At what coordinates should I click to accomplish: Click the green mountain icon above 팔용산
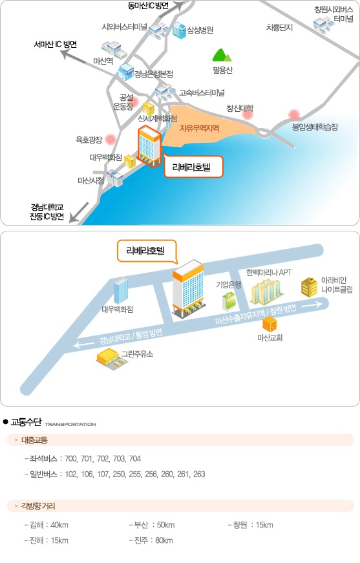(x=222, y=56)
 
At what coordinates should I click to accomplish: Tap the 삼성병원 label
(x=200, y=30)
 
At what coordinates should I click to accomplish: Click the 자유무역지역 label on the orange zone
(x=199, y=128)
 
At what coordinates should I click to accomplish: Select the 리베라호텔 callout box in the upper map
(x=193, y=167)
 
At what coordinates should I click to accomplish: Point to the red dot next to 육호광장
(x=111, y=139)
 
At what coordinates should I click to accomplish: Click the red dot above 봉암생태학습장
(x=294, y=115)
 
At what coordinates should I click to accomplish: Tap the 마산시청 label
(x=90, y=180)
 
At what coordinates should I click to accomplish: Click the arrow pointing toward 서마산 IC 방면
(x=74, y=57)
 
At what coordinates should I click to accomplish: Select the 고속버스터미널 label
(x=202, y=92)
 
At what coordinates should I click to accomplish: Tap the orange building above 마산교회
(x=270, y=324)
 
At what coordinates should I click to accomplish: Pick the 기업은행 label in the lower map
(x=229, y=284)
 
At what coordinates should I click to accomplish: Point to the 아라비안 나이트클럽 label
(x=337, y=284)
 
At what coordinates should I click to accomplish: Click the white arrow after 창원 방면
(x=312, y=305)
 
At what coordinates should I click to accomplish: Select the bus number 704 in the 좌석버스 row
(x=135, y=458)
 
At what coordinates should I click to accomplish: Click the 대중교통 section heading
(x=34, y=440)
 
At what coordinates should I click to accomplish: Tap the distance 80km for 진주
(x=164, y=540)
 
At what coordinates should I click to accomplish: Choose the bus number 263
(x=199, y=474)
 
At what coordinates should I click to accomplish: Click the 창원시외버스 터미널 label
(x=334, y=14)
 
